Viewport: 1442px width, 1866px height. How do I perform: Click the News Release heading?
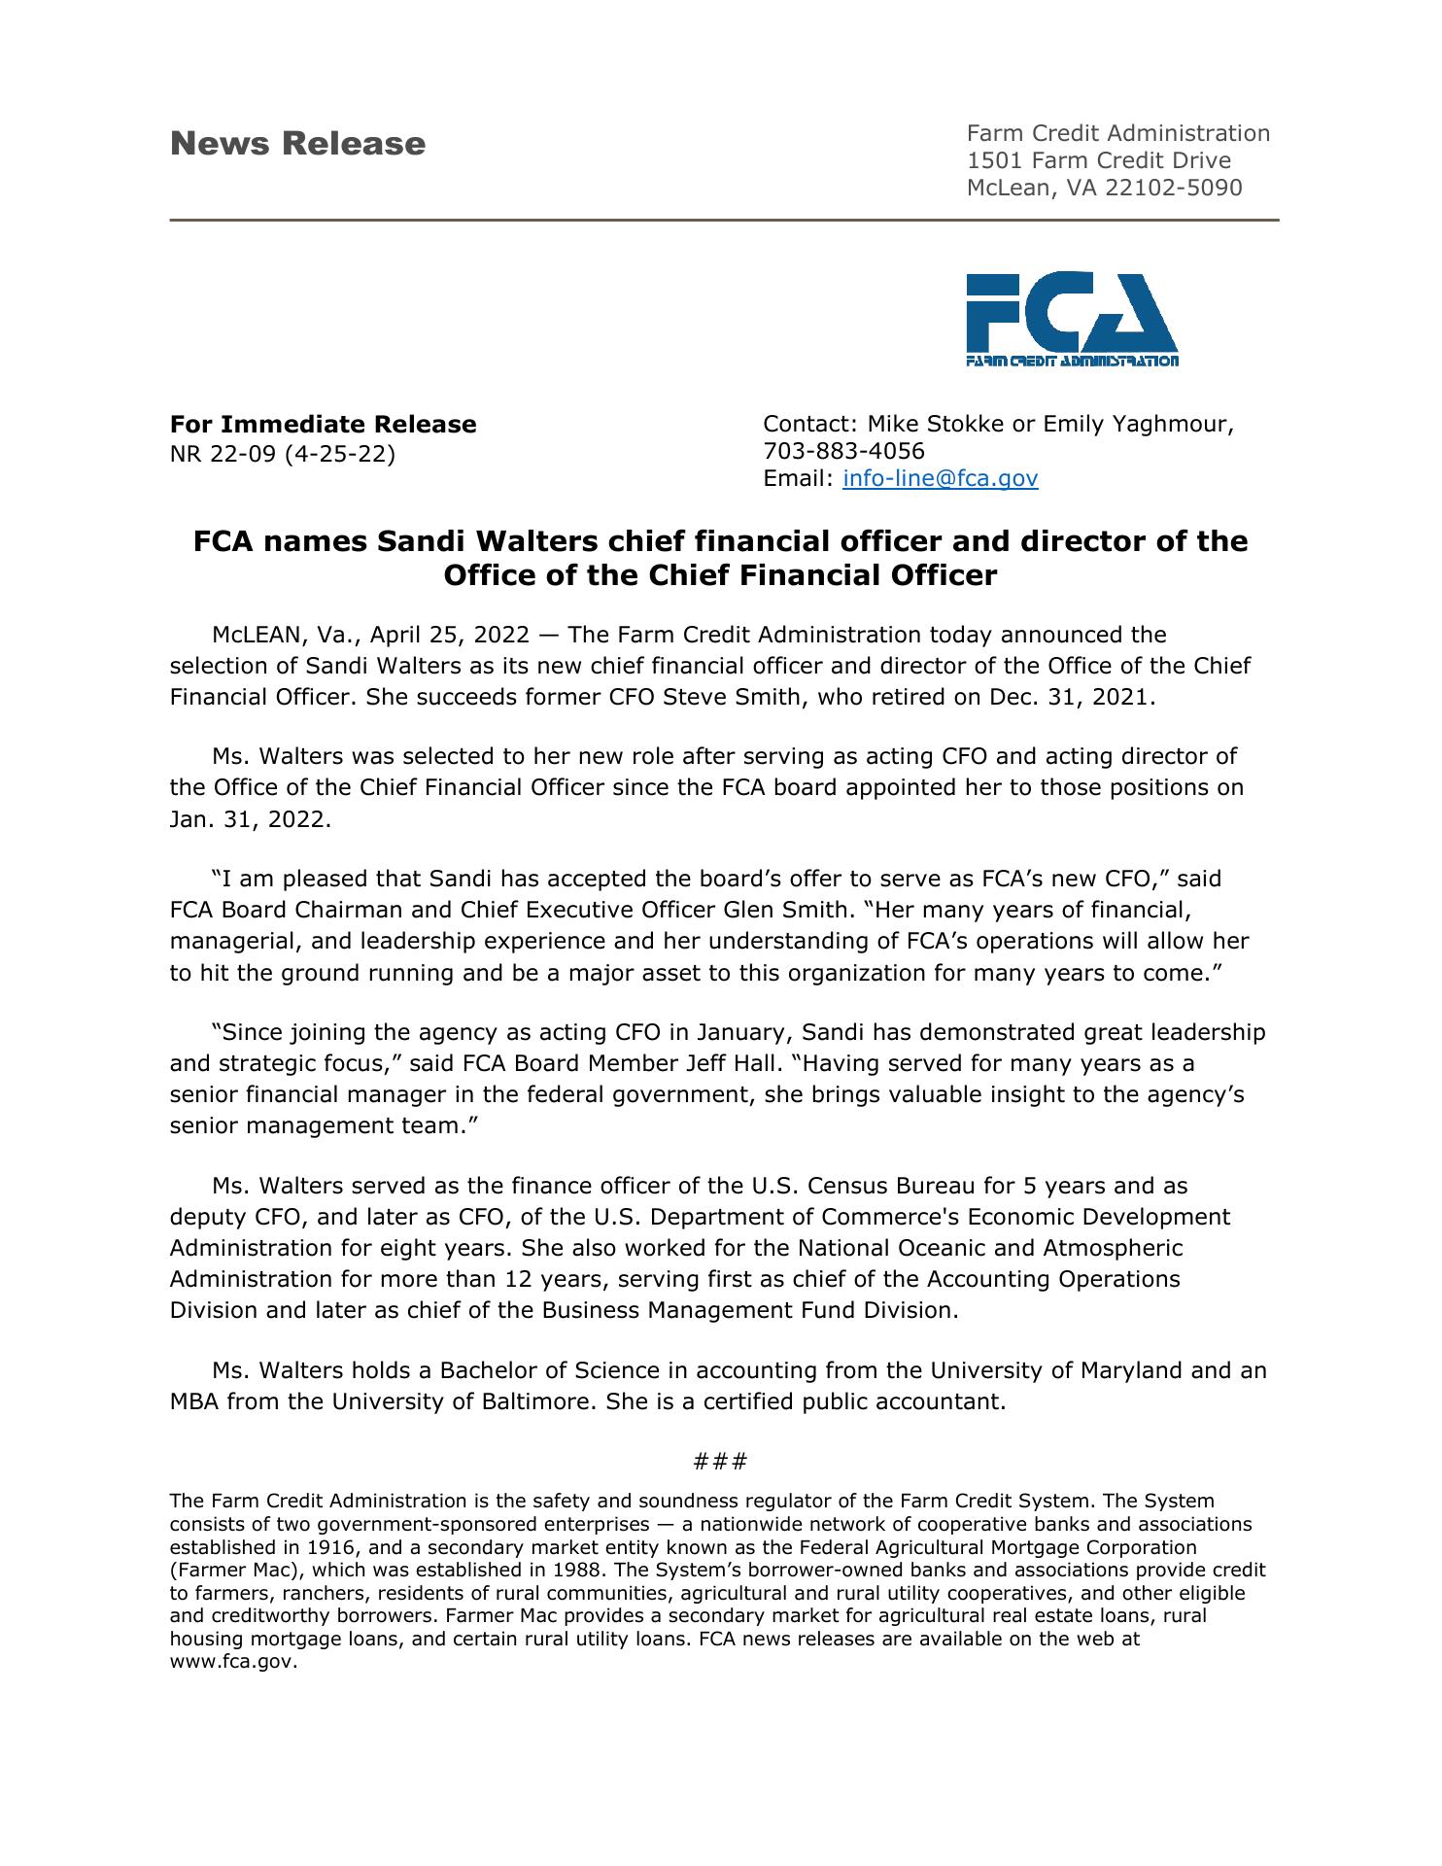tap(297, 144)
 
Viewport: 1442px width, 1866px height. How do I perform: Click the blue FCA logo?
tap(1071, 319)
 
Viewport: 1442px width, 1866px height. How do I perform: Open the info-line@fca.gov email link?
tap(940, 478)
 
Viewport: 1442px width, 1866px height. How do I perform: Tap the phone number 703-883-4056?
tap(843, 451)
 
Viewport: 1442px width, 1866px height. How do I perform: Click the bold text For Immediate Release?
tap(323, 425)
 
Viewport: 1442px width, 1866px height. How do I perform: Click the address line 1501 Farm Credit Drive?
tap(1098, 160)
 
